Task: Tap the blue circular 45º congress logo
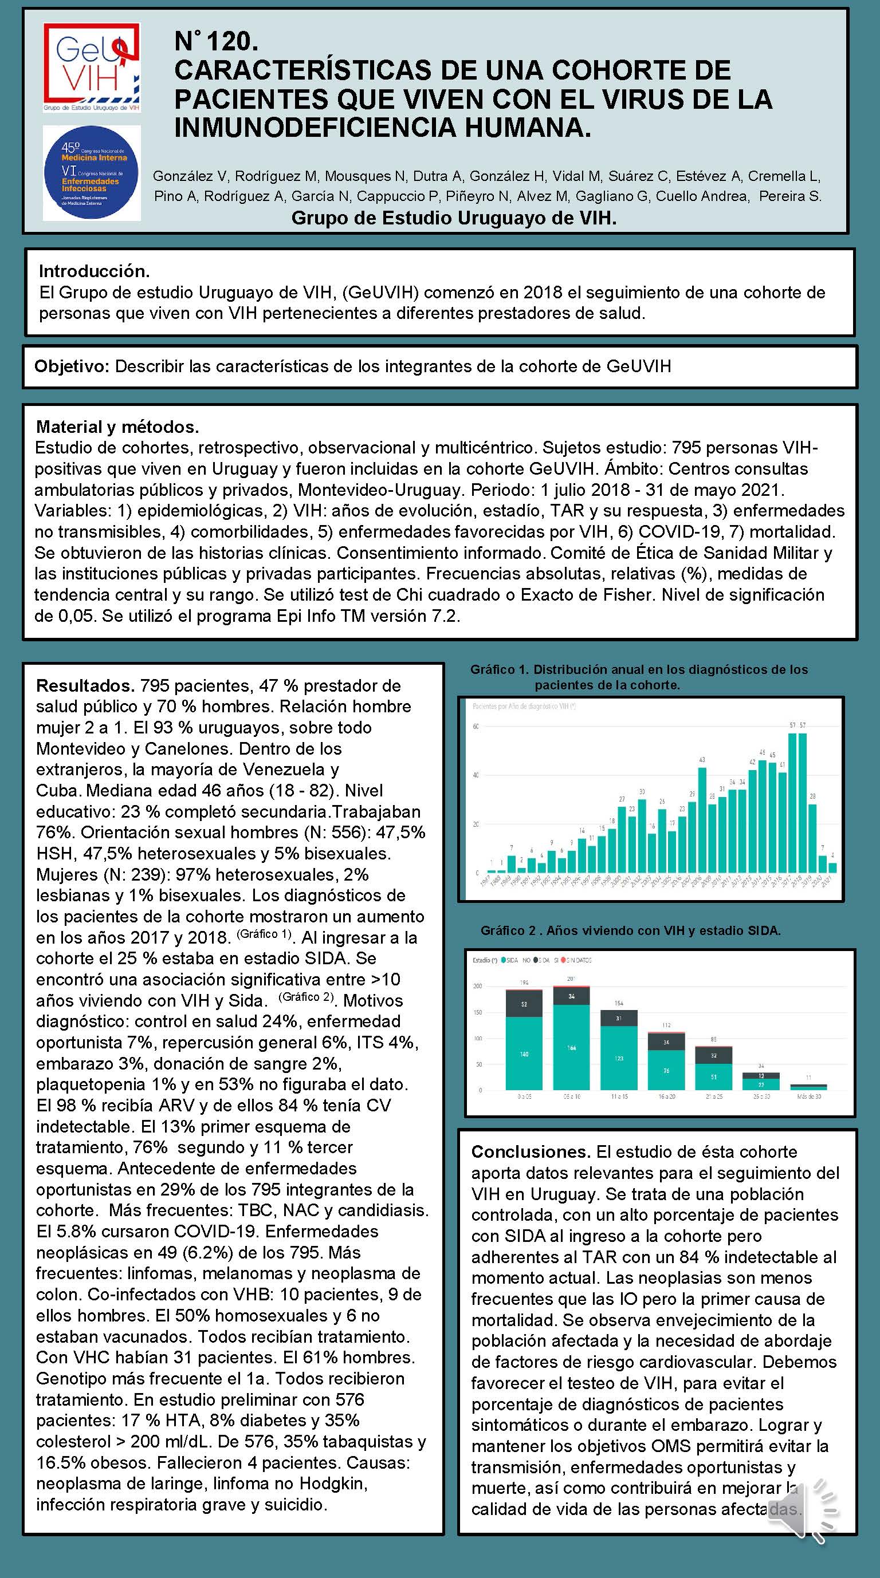click(x=92, y=173)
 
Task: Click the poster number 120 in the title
click(x=217, y=42)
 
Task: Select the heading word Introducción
click(x=94, y=271)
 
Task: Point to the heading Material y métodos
click(x=117, y=427)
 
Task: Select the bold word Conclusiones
click(x=530, y=1151)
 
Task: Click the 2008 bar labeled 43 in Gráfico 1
click(x=702, y=819)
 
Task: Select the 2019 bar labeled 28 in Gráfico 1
click(x=812, y=838)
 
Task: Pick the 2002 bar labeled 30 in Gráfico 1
click(x=642, y=835)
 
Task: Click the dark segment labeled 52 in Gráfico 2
click(x=524, y=1004)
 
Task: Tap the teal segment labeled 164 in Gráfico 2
click(x=571, y=1047)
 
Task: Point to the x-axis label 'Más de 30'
click(x=809, y=1096)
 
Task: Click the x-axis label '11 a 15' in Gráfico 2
click(x=619, y=1096)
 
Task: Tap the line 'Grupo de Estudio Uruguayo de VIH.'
click(x=454, y=218)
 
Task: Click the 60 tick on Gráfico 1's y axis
click(x=476, y=727)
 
